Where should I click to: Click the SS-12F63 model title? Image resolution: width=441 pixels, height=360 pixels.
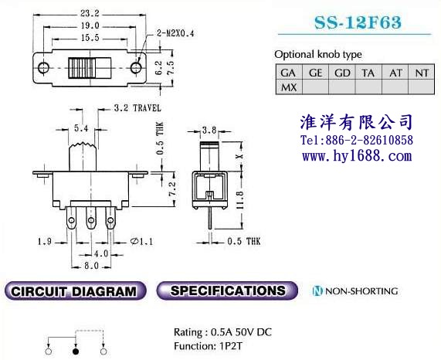(358, 22)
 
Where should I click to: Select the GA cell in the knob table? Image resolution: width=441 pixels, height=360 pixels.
(289, 73)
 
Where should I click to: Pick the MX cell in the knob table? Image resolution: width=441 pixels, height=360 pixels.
(289, 87)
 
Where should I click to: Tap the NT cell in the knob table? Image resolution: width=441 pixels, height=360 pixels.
(422, 73)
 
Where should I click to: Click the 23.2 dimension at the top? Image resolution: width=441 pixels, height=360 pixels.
(90, 13)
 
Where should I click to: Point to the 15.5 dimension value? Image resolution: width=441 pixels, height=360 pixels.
(90, 38)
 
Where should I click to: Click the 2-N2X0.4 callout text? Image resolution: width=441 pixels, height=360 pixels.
(175, 33)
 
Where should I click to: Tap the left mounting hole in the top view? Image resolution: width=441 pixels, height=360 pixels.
(43, 68)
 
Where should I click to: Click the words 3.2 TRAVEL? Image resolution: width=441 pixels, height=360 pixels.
(137, 108)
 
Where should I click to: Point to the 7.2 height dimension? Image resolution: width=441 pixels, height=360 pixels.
(172, 189)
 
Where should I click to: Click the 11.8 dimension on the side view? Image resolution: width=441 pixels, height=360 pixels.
(239, 200)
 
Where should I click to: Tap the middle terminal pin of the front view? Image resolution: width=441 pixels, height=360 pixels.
(91, 218)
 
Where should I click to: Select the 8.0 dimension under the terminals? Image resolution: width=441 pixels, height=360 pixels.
(91, 266)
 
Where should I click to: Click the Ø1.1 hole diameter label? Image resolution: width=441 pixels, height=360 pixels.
(142, 241)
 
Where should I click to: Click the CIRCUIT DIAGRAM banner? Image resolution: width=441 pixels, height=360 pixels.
(75, 291)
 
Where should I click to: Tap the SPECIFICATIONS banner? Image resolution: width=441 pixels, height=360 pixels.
(227, 290)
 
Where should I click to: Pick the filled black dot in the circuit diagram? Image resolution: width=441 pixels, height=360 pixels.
(76, 352)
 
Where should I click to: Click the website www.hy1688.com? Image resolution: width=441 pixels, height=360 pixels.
(357, 156)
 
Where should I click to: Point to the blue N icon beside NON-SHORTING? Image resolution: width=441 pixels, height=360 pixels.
(317, 290)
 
